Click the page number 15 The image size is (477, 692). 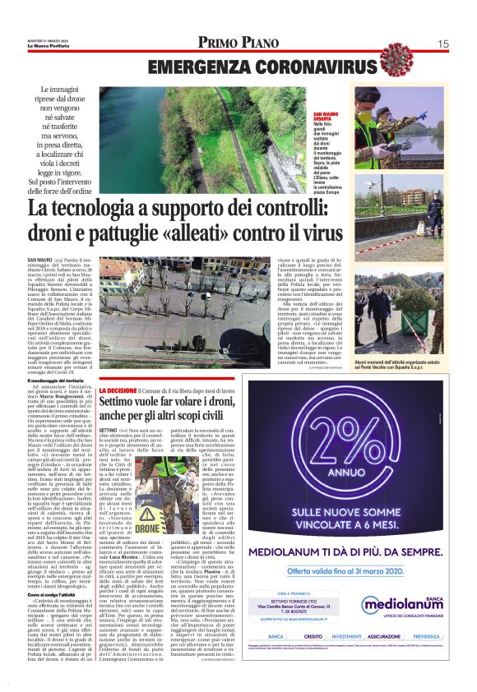(x=442, y=44)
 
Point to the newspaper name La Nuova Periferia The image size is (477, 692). (x=50, y=46)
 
